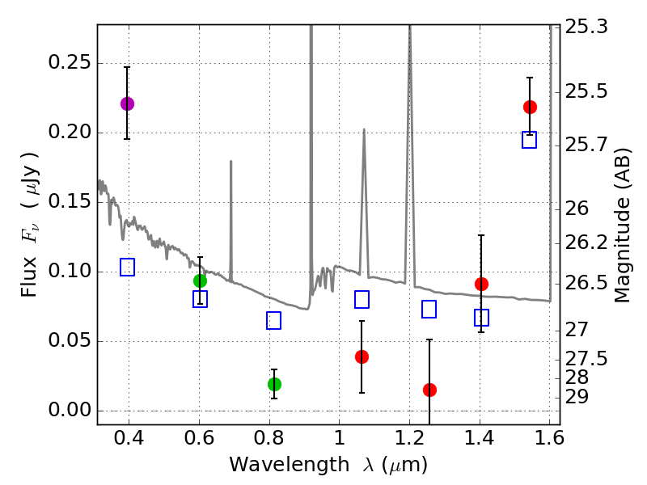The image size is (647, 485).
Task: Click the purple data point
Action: pyautogui.click(x=127, y=103)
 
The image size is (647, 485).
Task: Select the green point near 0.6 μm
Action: pyautogui.click(x=200, y=280)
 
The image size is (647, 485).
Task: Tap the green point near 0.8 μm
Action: pyautogui.click(x=274, y=384)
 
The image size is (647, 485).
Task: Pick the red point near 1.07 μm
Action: pyautogui.click(x=362, y=356)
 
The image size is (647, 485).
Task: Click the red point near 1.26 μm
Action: pyautogui.click(x=429, y=390)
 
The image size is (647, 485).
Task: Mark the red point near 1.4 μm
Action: pyautogui.click(x=481, y=284)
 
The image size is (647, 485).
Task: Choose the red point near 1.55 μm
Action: pyautogui.click(x=530, y=107)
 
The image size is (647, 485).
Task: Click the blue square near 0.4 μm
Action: pyautogui.click(x=127, y=267)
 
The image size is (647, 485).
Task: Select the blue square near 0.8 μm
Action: pyautogui.click(x=273, y=321)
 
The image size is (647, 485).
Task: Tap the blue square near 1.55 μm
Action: pyautogui.click(x=530, y=140)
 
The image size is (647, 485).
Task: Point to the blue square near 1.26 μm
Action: pyautogui.click(x=429, y=309)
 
